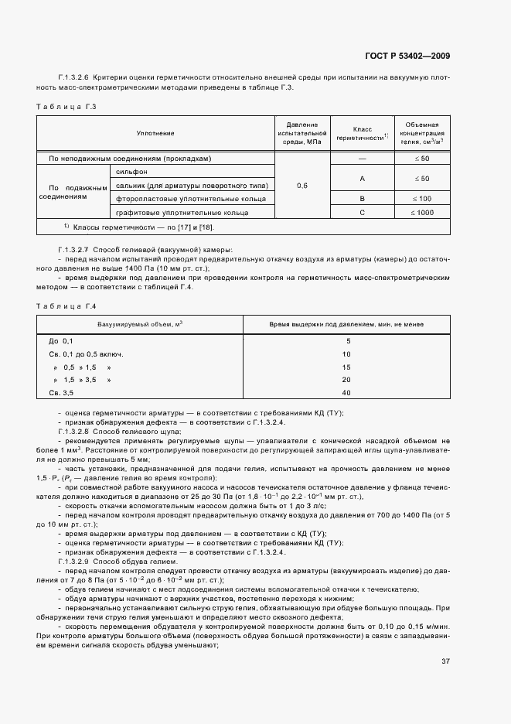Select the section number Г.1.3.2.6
[78, 79]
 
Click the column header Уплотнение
[155, 133]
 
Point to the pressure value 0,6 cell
[301, 186]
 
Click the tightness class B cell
[362, 199]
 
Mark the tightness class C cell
[362, 212]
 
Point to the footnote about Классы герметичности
[139, 227]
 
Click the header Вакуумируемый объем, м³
[140, 325]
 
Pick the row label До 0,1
[61, 341]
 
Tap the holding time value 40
[346, 393]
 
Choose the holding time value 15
[346, 367]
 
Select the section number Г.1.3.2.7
[78, 251]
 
